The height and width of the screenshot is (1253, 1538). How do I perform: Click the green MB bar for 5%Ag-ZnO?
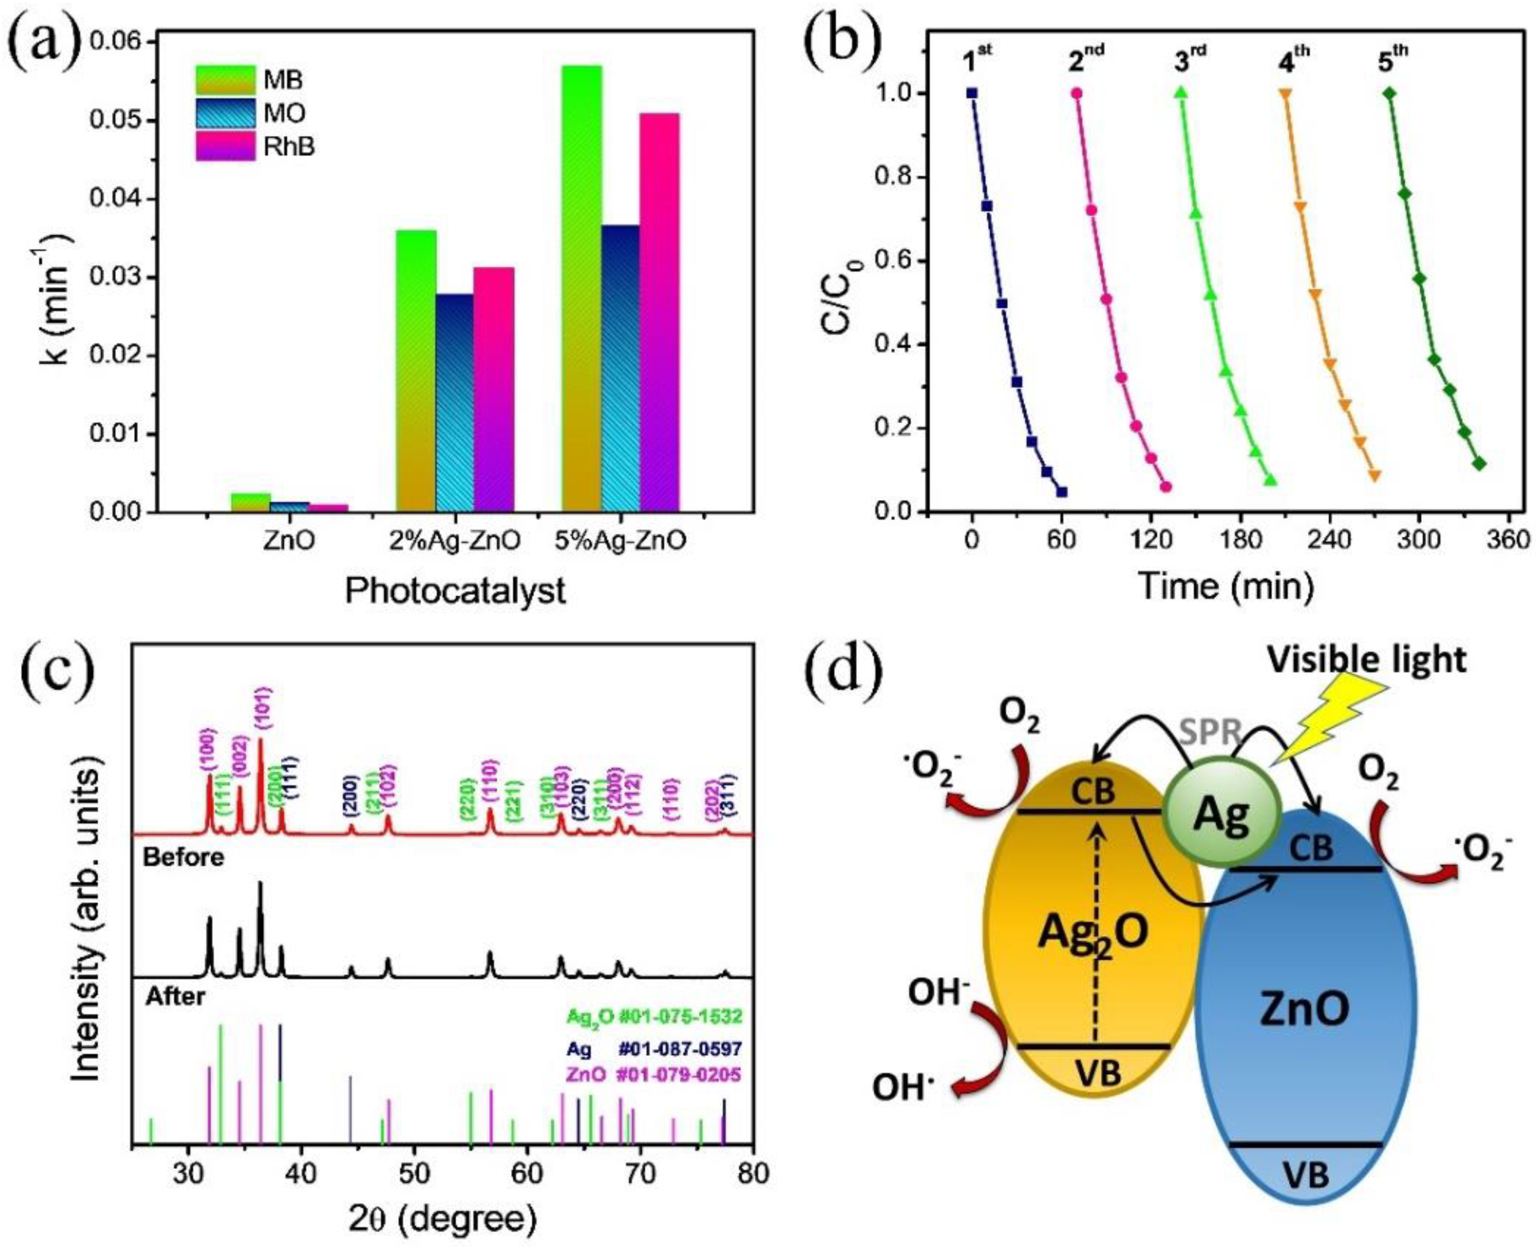(x=582, y=288)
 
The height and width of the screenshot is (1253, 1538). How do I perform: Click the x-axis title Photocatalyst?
(x=455, y=590)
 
